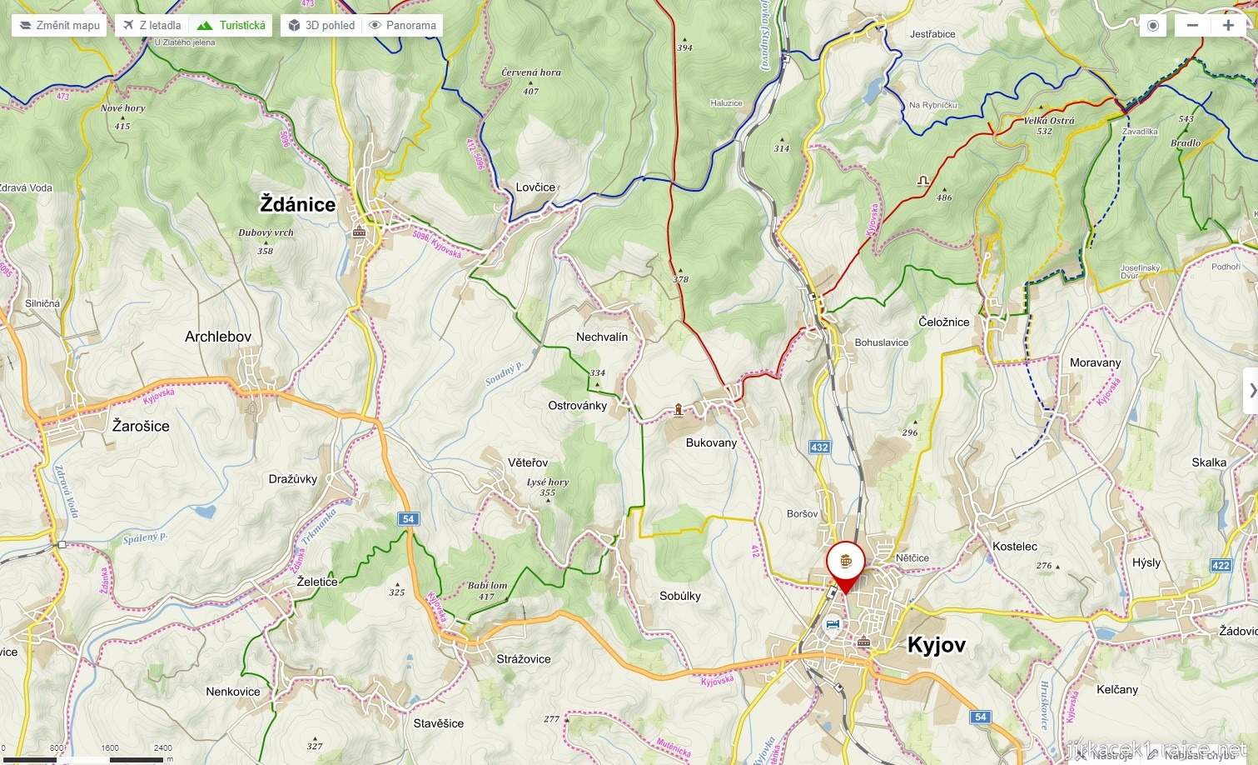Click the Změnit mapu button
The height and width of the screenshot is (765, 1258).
coord(60,25)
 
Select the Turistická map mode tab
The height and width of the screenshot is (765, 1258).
coord(231,25)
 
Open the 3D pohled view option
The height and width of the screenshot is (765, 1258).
coord(321,25)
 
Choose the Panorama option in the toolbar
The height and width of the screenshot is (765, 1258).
coord(403,25)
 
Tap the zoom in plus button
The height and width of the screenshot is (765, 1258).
coord(1228,25)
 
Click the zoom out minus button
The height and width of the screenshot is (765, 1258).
coord(1192,25)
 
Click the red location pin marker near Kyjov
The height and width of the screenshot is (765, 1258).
coord(846,564)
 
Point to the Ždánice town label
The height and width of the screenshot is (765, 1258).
coord(298,204)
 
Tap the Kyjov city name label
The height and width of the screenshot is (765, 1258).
coord(936,645)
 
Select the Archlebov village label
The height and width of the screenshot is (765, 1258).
coord(218,337)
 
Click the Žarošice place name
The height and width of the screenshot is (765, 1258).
coord(141,426)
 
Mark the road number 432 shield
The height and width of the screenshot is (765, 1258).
coord(819,447)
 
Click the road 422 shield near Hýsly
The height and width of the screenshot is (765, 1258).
coord(1221,566)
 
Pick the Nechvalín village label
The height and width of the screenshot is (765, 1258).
coord(602,337)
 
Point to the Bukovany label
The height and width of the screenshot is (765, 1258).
coord(711,442)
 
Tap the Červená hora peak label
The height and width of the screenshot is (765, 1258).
coord(531,72)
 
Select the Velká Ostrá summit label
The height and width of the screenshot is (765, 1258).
coord(1049,121)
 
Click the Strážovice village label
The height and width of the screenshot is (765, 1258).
coord(524,658)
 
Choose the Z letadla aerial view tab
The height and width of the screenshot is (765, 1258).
coord(152,25)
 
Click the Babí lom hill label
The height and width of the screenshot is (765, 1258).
coord(487,585)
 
